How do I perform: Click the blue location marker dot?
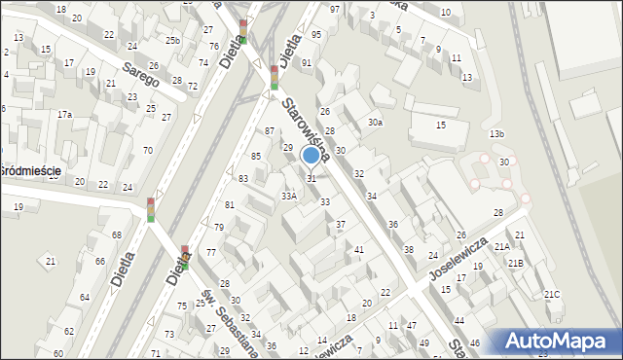pos(311,155)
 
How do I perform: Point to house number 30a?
pos(375,123)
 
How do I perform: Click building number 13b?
pos(497,133)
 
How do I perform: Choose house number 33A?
pos(289,196)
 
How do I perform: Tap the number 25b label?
pos(172,41)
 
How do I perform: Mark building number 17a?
pos(64,115)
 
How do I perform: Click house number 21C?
pos(552,294)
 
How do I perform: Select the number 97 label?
pos(335,10)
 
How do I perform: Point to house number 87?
pos(270,130)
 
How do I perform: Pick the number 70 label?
pos(147,150)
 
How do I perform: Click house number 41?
pos(359,250)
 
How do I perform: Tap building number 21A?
pos(502,247)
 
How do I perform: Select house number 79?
pos(219,228)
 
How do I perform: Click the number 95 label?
pos(315,35)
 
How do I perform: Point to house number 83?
pos(243,179)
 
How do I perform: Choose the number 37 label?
pos(341,225)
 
